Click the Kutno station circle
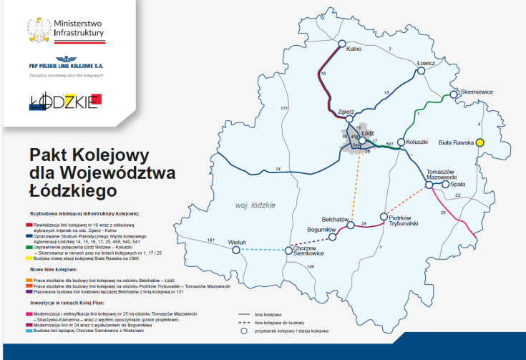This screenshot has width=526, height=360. coord(341,42)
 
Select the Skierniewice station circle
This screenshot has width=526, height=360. coord(454,94)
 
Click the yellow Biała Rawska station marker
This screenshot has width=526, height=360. coord(480,142)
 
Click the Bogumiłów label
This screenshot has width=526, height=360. coord(321,228)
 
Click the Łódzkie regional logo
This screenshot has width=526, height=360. coord(64,102)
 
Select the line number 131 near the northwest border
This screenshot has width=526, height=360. coord(284,108)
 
